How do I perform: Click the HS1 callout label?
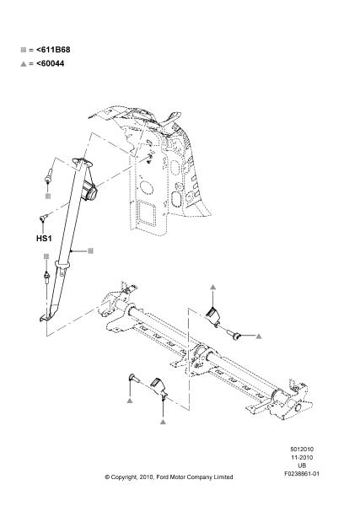tap(44, 239)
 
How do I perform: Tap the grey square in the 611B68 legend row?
tap(24, 50)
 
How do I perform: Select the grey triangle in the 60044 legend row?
tap(24, 64)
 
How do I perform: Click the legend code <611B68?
tap(53, 50)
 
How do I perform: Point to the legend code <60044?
tap(50, 63)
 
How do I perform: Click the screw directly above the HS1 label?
tap(43, 218)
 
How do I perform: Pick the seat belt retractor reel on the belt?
tap(89, 191)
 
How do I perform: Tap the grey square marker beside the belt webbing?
tap(91, 250)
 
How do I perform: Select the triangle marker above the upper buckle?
tap(212, 287)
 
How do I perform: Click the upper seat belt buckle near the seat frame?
tap(213, 316)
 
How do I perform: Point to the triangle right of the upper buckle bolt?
tap(259, 336)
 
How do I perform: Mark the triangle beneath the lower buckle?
tap(163, 422)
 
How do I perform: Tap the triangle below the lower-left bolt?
tap(130, 401)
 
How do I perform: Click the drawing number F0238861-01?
tap(302, 474)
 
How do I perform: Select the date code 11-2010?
tap(302, 458)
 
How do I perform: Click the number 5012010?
tap(302, 449)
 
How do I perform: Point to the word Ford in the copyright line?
tap(163, 477)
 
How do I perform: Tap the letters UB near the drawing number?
tap(302, 466)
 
